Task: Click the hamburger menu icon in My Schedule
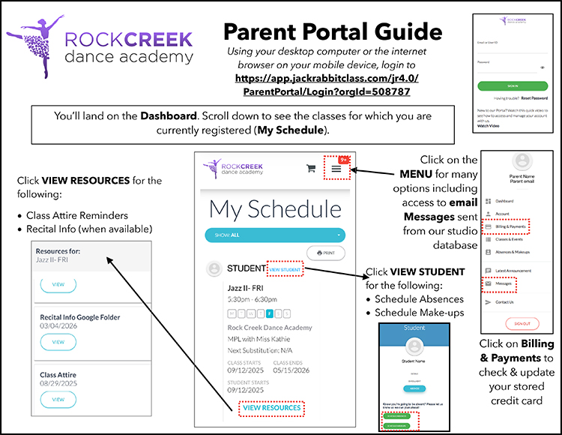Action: (x=336, y=169)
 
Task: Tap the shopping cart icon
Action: (x=310, y=169)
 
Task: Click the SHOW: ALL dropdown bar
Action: (x=274, y=235)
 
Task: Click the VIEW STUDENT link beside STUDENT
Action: (x=285, y=268)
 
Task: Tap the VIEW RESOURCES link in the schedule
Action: (x=271, y=408)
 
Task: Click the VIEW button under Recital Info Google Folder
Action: (x=58, y=341)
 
